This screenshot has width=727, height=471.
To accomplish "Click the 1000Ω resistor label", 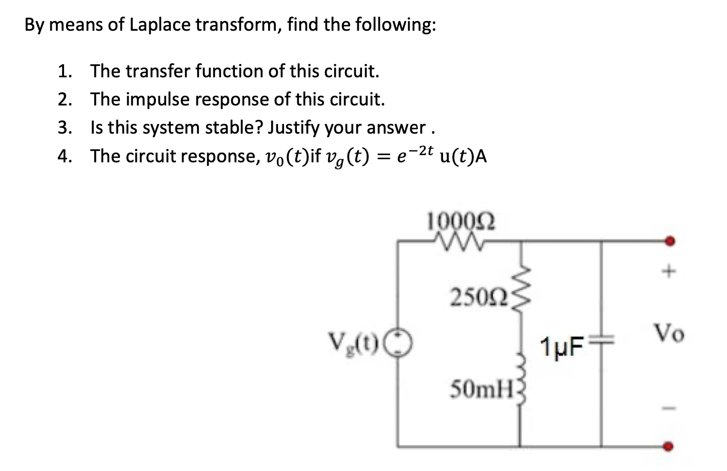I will click(x=461, y=222).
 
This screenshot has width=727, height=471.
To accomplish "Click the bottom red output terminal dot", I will click(x=669, y=446).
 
